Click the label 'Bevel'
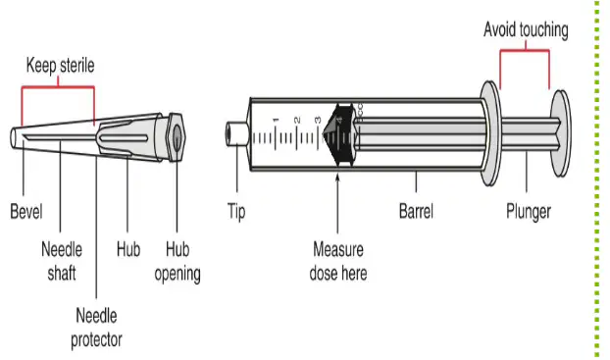[26, 211]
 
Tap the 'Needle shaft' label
[62, 261]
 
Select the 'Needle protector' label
[96, 328]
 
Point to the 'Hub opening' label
[178, 261]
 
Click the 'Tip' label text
[236, 212]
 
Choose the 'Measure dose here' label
[338, 261]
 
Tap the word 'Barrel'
[416, 211]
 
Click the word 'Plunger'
[529, 212]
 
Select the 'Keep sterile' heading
[60, 65]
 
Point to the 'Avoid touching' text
[526, 30]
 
